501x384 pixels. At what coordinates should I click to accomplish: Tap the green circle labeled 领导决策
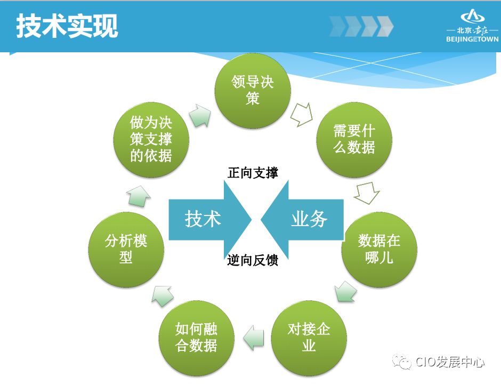[x=253, y=90]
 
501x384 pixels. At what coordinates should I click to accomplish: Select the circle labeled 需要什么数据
[x=354, y=140]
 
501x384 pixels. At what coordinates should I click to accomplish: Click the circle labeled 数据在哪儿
[x=379, y=249]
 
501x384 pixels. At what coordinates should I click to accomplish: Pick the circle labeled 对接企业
[x=309, y=337]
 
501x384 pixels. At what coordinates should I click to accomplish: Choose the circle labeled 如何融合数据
[x=196, y=337]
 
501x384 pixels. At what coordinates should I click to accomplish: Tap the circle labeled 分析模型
[x=126, y=249]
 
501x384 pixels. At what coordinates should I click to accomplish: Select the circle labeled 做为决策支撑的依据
[x=151, y=140]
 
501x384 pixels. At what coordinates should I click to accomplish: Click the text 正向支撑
[x=253, y=173]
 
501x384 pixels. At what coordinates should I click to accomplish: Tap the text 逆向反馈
[x=253, y=261]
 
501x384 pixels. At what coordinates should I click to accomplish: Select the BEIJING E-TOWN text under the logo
[x=472, y=39]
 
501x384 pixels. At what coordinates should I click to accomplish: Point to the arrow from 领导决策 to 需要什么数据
[x=302, y=115]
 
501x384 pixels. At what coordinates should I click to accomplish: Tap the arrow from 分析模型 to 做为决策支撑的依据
[x=139, y=196]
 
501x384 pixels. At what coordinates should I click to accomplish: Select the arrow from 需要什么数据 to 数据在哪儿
[x=367, y=193]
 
